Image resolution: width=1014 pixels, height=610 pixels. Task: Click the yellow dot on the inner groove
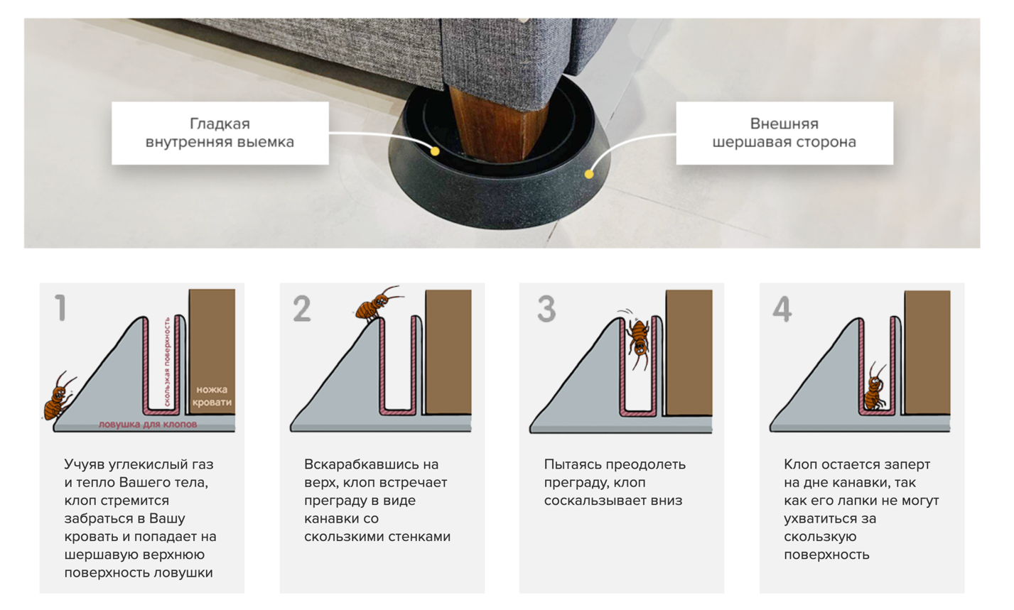pyautogui.click(x=435, y=151)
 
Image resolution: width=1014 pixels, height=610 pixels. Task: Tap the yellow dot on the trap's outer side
pyautogui.click(x=588, y=174)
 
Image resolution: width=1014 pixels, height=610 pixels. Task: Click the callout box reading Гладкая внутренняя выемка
pyautogui.click(x=220, y=133)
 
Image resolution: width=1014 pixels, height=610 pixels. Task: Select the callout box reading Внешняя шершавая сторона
pyautogui.click(x=784, y=133)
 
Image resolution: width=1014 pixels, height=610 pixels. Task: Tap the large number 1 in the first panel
pyautogui.click(x=60, y=307)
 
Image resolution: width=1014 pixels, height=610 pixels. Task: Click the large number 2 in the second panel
pyautogui.click(x=302, y=308)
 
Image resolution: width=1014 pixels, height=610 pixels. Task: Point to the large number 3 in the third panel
pyautogui.click(x=546, y=309)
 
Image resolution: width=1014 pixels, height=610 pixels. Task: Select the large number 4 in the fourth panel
pyautogui.click(x=782, y=309)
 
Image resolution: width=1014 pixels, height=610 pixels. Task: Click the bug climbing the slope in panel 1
pyautogui.click(x=59, y=396)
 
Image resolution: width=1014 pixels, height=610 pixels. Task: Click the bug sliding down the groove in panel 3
pyautogui.click(x=638, y=339)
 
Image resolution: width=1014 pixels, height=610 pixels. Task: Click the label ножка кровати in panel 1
pyautogui.click(x=212, y=396)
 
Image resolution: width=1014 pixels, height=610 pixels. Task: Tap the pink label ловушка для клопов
pyautogui.click(x=148, y=424)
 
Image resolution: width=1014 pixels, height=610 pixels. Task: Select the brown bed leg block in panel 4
pyautogui.click(x=927, y=352)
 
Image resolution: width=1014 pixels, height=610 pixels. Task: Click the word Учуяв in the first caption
pyautogui.click(x=85, y=464)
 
